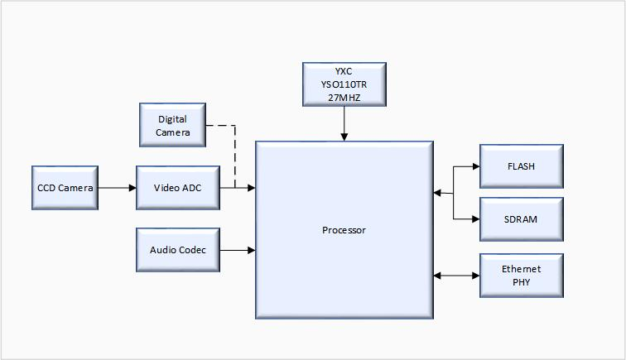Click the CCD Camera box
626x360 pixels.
click(x=65, y=188)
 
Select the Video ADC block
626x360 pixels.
click(x=177, y=188)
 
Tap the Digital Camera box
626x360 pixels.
click(x=173, y=126)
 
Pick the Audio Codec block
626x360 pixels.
click(x=177, y=250)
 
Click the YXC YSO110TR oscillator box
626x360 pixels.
click(x=344, y=84)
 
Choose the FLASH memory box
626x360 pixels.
click(x=521, y=166)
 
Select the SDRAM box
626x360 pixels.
click(x=521, y=219)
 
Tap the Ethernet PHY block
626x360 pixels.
click(x=521, y=276)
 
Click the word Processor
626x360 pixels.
click(x=344, y=230)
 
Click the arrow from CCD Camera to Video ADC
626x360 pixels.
click(x=117, y=188)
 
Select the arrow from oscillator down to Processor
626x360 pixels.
click(x=344, y=122)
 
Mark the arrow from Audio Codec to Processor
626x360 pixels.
click(x=237, y=250)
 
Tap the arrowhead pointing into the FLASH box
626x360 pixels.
click(x=475, y=166)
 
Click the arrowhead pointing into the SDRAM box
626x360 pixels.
click(x=475, y=219)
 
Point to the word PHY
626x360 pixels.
click(x=521, y=282)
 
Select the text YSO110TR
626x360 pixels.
click(x=344, y=84)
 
